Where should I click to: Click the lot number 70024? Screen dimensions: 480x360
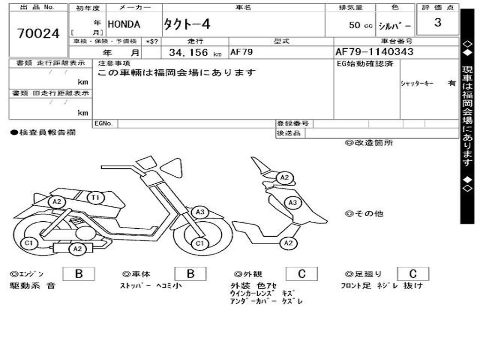click(x=38, y=34)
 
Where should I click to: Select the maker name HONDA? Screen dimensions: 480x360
click(x=124, y=25)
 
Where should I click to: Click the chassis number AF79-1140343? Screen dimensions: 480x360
click(x=375, y=52)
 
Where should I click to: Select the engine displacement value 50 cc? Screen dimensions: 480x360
click(x=360, y=25)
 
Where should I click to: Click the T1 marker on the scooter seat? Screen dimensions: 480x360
click(x=96, y=198)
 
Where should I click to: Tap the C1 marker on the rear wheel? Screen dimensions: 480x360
click(x=29, y=243)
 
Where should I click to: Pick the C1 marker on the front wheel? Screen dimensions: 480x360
click(x=200, y=243)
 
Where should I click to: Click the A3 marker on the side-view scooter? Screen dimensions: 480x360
click(x=200, y=212)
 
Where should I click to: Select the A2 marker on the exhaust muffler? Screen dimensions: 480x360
click(x=77, y=249)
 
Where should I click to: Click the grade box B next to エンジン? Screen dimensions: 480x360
click(x=78, y=274)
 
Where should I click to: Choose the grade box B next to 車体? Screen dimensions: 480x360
click(x=190, y=274)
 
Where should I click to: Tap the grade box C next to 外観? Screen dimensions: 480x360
click(x=301, y=274)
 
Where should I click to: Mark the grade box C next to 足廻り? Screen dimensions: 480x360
click(x=413, y=274)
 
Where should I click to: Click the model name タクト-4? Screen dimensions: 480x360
click(x=187, y=25)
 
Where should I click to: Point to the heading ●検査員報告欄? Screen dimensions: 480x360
click(x=43, y=133)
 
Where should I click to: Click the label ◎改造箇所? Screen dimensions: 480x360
click(x=369, y=143)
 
